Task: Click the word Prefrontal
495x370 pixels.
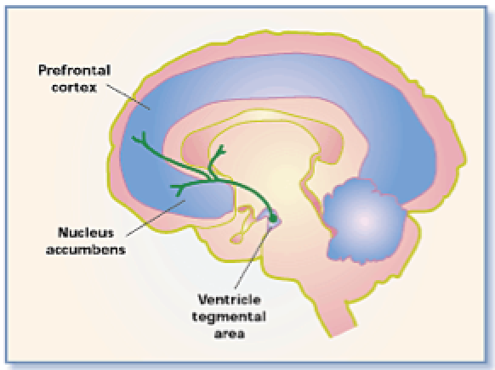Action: click(x=75, y=70)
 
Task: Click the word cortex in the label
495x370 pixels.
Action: click(x=74, y=87)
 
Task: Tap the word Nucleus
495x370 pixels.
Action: click(x=86, y=233)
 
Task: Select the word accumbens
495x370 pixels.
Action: click(x=86, y=249)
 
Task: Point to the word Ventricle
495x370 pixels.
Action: click(x=230, y=300)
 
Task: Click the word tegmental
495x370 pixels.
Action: click(x=229, y=317)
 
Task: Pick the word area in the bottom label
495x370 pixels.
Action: click(x=230, y=334)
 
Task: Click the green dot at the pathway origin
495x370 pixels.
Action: click(x=273, y=217)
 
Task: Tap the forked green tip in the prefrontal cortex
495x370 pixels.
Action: click(x=139, y=137)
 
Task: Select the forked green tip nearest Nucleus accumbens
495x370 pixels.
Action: click(x=178, y=189)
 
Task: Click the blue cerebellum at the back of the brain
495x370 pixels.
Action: click(x=365, y=220)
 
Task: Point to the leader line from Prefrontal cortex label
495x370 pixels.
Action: click(x=128, y=97)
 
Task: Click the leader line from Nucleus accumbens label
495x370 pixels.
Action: click(x=156, y=217)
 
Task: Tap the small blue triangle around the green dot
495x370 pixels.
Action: click(x=270, y=218)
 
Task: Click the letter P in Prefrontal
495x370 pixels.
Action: click(x=43, y=70)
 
